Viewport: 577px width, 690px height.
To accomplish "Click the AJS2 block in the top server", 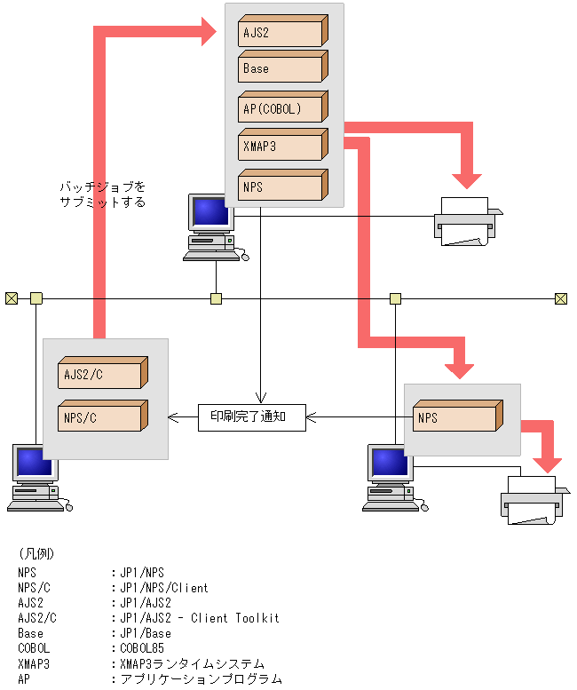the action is [x=283, y=31].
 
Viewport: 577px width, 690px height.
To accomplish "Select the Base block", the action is [x=283, y=67].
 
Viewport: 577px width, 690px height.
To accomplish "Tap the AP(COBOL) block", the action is [x=283, y=107].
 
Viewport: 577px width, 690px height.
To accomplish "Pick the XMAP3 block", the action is [x=283, y=145].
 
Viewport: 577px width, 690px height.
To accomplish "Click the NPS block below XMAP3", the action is [x=283, y=185].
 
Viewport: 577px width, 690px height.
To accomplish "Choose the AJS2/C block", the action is [x=103, y=373].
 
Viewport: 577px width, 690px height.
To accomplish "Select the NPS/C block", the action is [x=103, y=416].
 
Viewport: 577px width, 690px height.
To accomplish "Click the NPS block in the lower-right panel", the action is [x=458, y=416].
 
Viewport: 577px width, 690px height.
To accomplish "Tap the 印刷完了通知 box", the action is [x=251, y=417].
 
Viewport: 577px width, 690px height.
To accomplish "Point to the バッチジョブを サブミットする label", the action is [x=102, y=194].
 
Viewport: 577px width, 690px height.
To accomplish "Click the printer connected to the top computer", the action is [x=468, y=221].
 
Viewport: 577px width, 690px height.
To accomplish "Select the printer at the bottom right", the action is [x=534, y=500].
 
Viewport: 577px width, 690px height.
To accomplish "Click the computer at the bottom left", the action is [x=39, y=478].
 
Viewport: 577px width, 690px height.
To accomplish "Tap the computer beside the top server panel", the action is [x=215, y=227].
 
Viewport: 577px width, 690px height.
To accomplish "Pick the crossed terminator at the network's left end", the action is [x=12, y=298].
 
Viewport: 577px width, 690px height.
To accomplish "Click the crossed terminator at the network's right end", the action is [x=561, y=298].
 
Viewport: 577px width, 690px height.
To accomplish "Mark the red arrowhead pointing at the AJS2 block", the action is [x=209, y=32].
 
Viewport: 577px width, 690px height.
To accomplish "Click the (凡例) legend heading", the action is [x=36, y=553].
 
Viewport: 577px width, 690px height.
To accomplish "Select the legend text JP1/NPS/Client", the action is [x=164, y=588].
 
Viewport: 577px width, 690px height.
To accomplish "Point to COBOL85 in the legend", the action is [x=142, y=648].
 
